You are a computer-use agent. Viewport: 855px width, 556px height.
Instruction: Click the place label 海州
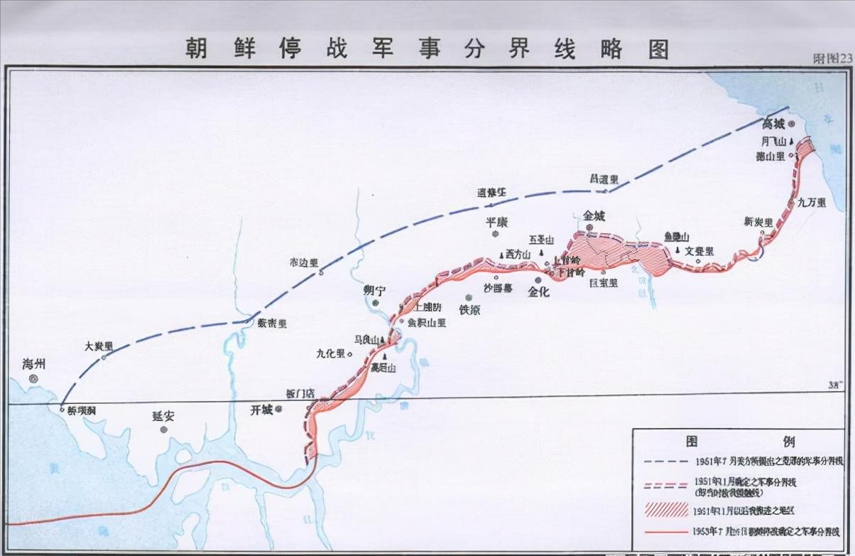[33, 364]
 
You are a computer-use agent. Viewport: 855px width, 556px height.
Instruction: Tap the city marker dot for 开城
[279, 409]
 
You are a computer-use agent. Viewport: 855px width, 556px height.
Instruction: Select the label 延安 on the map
[163, 416]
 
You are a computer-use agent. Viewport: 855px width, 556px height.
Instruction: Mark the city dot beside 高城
[793, 124]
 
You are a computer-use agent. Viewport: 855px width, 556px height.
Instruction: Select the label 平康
[496, 223]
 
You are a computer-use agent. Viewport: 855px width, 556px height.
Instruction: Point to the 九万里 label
[811, 203]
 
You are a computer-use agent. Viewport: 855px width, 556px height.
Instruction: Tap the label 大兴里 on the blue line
[99, 346]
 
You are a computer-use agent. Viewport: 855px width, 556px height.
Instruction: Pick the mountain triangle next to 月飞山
[791, 141]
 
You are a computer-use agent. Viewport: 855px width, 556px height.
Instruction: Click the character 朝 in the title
[198, 48]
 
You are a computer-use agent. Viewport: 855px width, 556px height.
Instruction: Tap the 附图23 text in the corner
[832, 59]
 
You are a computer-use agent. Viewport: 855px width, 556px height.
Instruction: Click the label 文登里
[699, 251]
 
